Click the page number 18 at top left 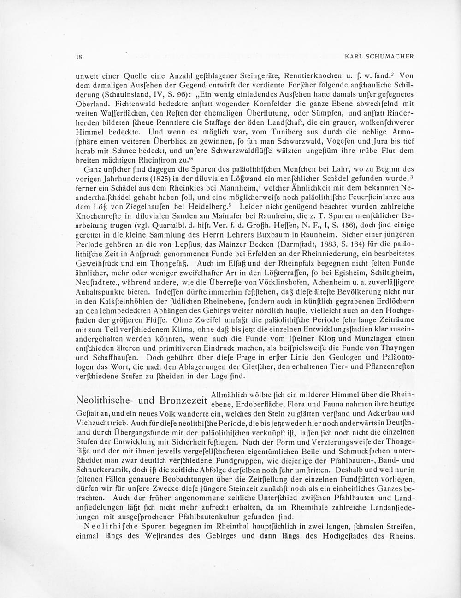(x=79, y=57)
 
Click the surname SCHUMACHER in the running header (x=390, y=57)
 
